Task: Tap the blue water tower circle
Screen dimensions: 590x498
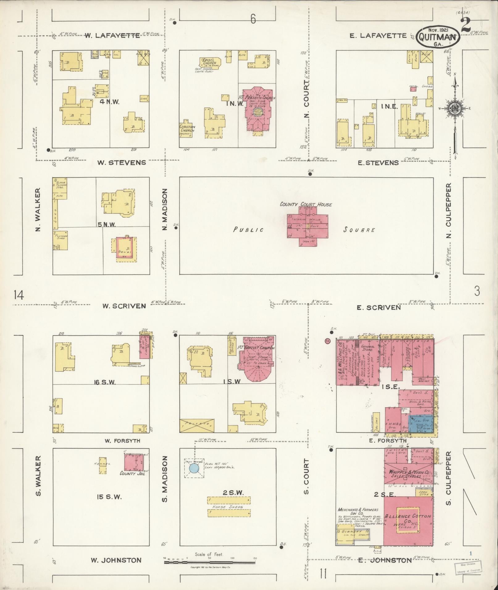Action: (x=194, y=468)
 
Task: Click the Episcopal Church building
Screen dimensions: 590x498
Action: (x=210, y=63)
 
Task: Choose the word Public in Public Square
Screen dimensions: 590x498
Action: (x=248, y=230)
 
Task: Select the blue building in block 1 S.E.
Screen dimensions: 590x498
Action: (x=421, y=424)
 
